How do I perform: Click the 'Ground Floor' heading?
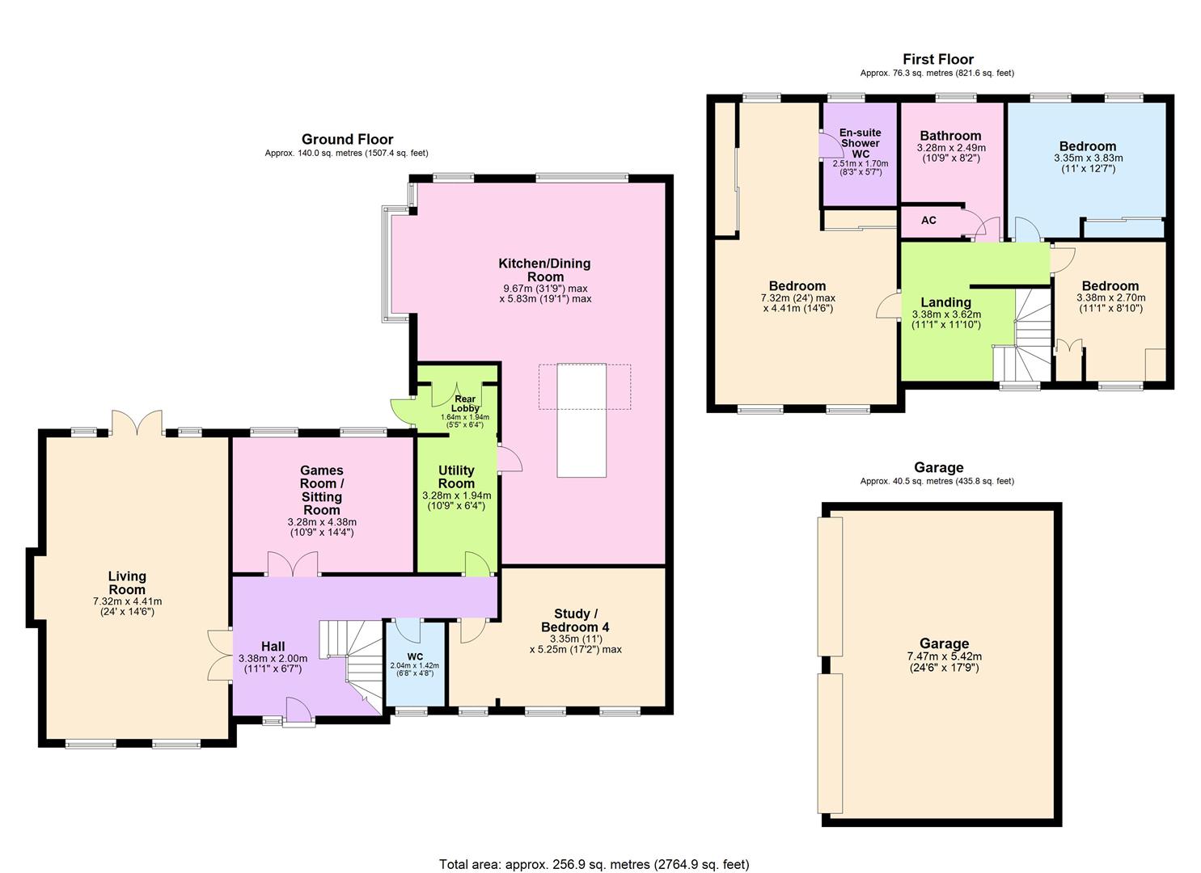(x=347, y=139)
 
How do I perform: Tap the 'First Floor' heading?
(x=937, y=59)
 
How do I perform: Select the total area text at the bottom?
(x=594, y=864)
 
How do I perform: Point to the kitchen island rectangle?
(x=581, y=420)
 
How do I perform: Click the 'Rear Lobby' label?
(x=465, y=403)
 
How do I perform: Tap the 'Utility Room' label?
(x=456, y=477)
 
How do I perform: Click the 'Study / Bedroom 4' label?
(x=582, y=621)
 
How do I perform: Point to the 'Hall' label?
(x=273, y=647)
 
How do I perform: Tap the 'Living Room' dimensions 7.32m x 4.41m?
(x=127, y=601)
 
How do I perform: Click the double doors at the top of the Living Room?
(x=137, y=422)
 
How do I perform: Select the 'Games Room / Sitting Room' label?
(x=322, y=490)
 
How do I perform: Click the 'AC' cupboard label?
(x=928, y=220)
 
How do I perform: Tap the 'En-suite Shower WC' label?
(x=860, y=143)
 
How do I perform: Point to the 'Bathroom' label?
(x=950, y=136)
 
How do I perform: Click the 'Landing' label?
(x=945, y=302)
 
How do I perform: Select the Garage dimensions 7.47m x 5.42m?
(x=943, y=656)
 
